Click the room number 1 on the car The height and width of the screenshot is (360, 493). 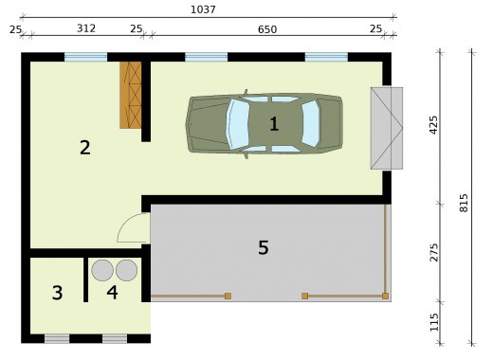274,124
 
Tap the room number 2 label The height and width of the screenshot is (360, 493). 85,148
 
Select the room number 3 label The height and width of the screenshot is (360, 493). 57,293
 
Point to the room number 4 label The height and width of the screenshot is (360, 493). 112,293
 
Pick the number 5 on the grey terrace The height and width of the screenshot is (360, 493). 264,247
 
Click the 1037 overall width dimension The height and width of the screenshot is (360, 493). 203,9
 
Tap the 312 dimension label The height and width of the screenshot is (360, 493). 86,28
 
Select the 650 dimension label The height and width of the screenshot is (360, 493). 267,29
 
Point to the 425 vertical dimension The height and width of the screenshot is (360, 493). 434,125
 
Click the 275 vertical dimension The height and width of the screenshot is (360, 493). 434,252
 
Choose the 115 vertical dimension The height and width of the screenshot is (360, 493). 434,322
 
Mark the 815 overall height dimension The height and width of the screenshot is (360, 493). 464,203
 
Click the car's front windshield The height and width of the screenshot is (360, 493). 238,124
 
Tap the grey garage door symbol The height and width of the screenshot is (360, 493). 387,128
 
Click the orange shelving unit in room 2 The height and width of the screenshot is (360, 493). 130,95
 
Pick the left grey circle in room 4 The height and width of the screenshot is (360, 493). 102,270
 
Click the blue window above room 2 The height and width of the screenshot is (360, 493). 85,57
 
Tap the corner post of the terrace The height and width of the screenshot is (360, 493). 385,296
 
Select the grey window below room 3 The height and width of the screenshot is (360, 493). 57,339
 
